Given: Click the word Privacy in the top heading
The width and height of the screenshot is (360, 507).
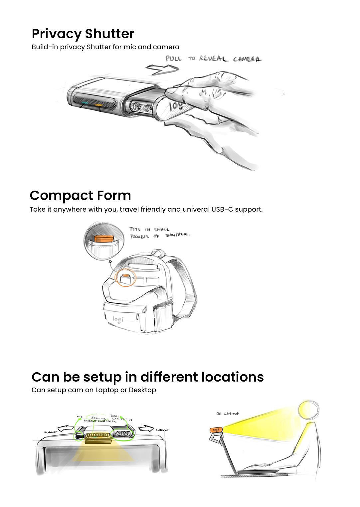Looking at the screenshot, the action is point(56,34).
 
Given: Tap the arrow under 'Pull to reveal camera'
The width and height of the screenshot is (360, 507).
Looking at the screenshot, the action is point(162,68).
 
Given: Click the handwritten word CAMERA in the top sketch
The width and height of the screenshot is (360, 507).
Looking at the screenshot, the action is point(247,59).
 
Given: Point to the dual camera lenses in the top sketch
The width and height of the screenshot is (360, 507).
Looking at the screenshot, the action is point(141,107).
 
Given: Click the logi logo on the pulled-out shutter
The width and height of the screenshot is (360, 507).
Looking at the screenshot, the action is point(176,105).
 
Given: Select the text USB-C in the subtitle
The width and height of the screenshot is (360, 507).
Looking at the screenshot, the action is point(222,209).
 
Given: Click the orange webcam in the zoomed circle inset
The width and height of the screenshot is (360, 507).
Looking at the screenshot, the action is point(104,239).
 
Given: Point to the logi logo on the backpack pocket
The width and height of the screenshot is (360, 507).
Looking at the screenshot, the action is point(118,320).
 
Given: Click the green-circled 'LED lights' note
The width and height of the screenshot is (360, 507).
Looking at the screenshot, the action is point(98,418).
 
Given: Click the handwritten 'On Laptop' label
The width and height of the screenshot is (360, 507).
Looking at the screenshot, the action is point(227,414).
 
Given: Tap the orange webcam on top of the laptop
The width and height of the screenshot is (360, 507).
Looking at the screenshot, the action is point(216,430).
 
